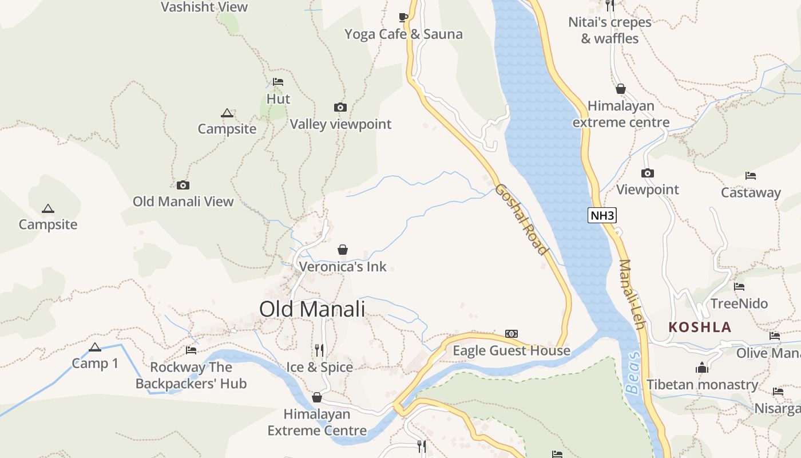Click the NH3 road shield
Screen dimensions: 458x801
pos(602,215)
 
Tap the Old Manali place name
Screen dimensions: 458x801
pos(312,309)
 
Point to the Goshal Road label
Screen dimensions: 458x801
pos(521,219)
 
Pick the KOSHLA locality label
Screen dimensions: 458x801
pos(700,327)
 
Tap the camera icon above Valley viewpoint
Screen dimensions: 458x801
pos(340,107)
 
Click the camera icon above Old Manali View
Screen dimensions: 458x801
pos(183,185)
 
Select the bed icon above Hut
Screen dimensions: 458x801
pos(278,82)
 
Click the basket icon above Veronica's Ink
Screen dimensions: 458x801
pos(343,250)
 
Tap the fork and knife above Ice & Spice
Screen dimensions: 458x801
pos(319,349)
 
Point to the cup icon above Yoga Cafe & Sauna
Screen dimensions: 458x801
pos(403,17)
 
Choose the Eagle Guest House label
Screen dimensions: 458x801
pos(511,350)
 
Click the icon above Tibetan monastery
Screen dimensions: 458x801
pos(702,368)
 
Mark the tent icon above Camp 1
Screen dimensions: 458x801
pos(95,347)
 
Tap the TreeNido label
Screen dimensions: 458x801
pos(739,303)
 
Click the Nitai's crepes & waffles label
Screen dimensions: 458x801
pos(610,30)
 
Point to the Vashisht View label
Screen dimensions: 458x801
pos(204,7)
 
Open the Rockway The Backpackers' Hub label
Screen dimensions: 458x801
pos(191,375)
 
